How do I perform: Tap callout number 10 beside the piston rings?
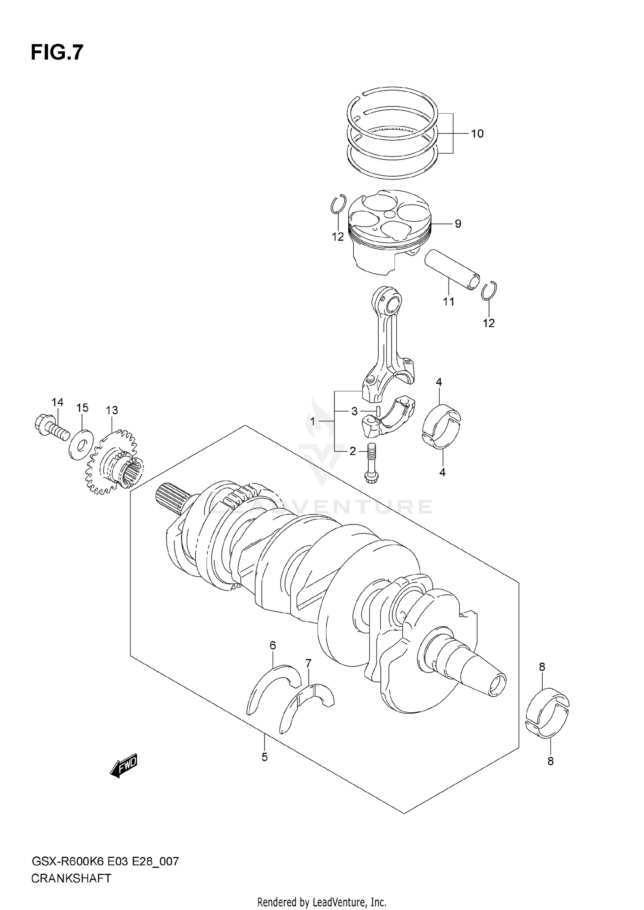coord(477,134)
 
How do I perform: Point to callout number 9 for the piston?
coord(458,223)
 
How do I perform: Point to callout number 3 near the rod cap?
coord(354,412)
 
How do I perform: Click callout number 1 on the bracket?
coord(313,422)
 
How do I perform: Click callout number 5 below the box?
coord(264,757)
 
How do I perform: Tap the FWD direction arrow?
coord(124,765)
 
